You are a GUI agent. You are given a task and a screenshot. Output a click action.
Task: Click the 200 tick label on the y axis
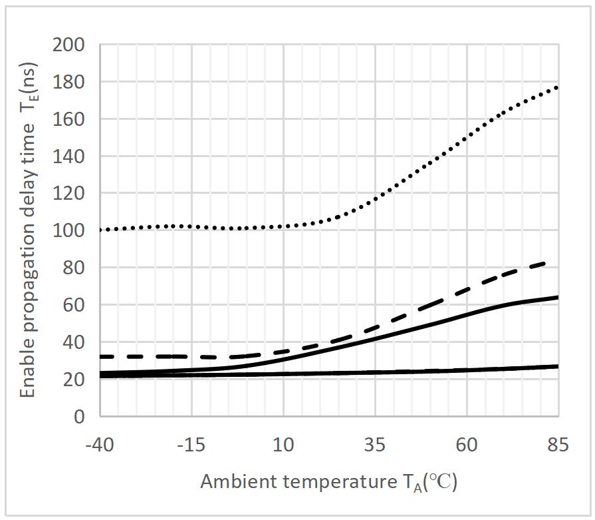tap(70, 45)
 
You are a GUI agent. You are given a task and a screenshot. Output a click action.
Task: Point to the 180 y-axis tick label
tap(70, 83)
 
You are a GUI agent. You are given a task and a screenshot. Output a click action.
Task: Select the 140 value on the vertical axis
tap(70, 156)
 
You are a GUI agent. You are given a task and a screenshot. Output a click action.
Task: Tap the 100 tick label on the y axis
tap(70, 231)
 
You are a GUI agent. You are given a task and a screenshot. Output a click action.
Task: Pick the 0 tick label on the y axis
tap(79, 417)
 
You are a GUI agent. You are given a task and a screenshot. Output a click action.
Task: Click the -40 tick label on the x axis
tap(100, 445)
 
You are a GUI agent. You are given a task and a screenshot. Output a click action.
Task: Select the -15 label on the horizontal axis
tap(191, 445)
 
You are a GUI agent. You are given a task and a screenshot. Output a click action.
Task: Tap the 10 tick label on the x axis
tap(283, 445)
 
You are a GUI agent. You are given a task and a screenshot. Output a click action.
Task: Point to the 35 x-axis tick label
tap(375, 445)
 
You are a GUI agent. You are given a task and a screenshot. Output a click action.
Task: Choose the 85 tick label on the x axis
tap(558, 445)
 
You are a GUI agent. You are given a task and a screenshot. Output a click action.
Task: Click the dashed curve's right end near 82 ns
tap(546, 263)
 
